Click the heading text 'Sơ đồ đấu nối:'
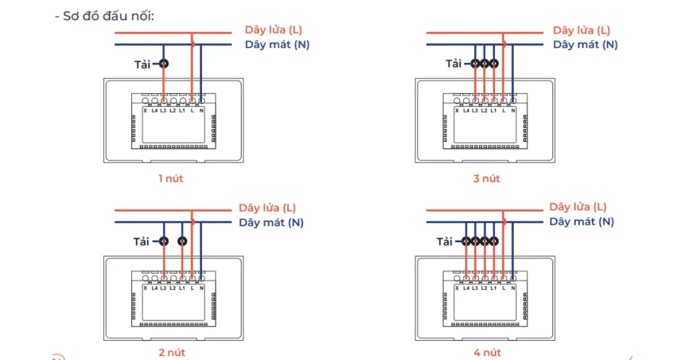(108, 15)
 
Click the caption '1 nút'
(171, 178)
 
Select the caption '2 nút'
(172, 353)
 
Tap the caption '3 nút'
(486, 178)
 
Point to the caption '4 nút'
(486, 353)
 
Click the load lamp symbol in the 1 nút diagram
(163, 64)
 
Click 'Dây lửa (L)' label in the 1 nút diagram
(274, 30)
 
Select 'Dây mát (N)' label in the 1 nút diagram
(277, 45)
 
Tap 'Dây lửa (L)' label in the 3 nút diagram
(581, 30)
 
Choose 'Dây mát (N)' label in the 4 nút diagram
(581, 221)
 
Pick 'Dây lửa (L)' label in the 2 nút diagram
(268, 208)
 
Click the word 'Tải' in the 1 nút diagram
(142, 64)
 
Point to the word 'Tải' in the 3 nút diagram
(454, 64)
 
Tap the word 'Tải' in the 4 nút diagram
(445, 242)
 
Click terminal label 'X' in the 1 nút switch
(145, 110)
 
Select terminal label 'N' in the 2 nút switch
(201, 288)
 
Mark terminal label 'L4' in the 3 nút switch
(466, 110)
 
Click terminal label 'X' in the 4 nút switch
(457, 288)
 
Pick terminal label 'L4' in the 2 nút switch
(154, 288)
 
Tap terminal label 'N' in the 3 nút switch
(513, 110)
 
